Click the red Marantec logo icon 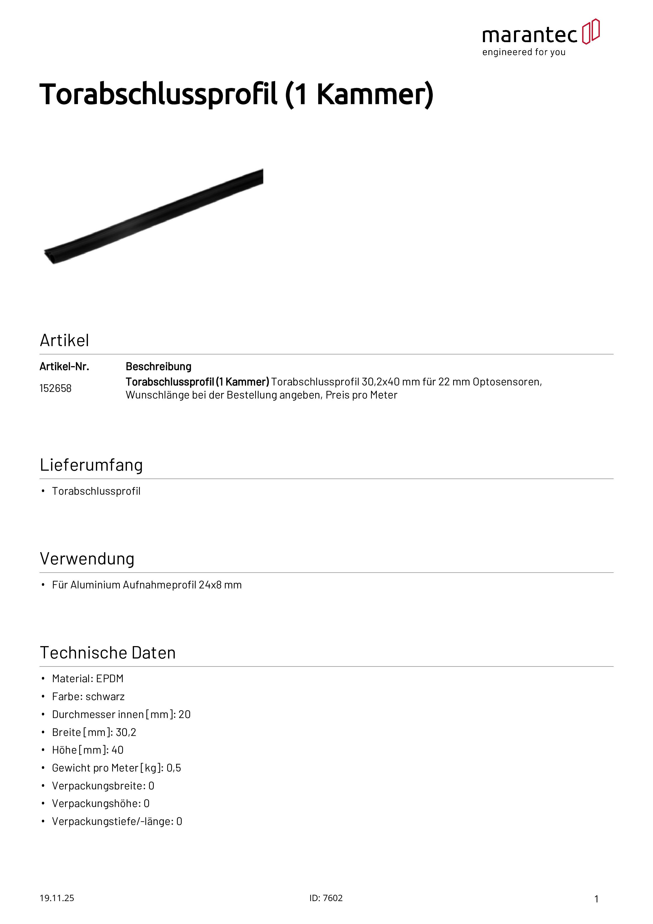(591, 31)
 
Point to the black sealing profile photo (153, 217)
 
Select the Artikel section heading (64, 341)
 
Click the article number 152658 (56, 388)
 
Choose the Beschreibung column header (159, 367)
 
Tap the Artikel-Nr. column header (64, 367)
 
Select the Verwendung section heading (87, 559)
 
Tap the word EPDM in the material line (110, 679)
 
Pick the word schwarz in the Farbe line (105, 697)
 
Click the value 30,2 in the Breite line (126, 733)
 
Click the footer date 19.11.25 (57, 898)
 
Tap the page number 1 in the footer (596, 899)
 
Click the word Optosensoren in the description (507, 382)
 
